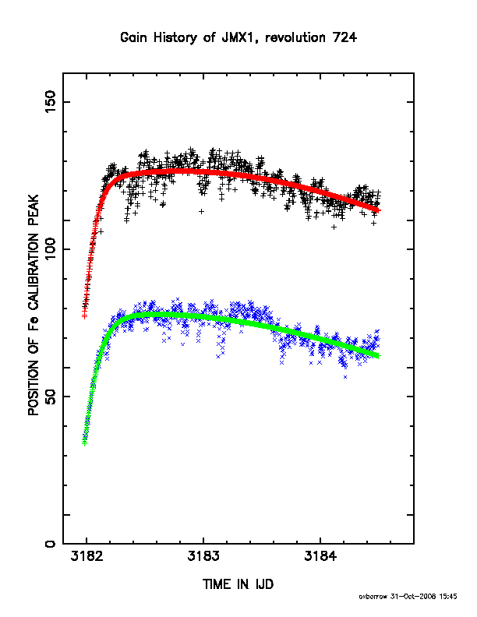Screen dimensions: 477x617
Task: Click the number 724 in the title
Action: [x=344, y=37]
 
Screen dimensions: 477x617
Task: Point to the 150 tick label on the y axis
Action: [x=51, y=101]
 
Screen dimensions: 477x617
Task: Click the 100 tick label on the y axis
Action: [x=51, y=249]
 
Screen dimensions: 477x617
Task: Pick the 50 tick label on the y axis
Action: [x=51, y=397]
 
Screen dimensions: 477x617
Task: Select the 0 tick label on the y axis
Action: [x=51, y=544]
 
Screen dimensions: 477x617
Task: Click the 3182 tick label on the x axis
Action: [x=87, y=556]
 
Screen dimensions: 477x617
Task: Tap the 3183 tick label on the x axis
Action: [x=203, y=556]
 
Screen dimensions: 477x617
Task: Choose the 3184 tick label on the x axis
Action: [x=320, y=556]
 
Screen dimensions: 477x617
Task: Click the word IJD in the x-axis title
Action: [x=264, y=584]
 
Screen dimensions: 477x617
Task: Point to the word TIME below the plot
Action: [x=217, y=584]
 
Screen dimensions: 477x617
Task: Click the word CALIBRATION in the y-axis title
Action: [x=34, y=271]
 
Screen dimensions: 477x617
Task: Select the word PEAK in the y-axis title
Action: [x=34, y=211]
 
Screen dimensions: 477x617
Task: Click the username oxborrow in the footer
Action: [x=373, y=597]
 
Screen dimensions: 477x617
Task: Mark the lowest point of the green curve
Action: [x=84, y=443]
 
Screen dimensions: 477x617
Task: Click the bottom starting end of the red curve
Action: [x=84, y=316]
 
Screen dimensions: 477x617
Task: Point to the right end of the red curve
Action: [x=379, y=211]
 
